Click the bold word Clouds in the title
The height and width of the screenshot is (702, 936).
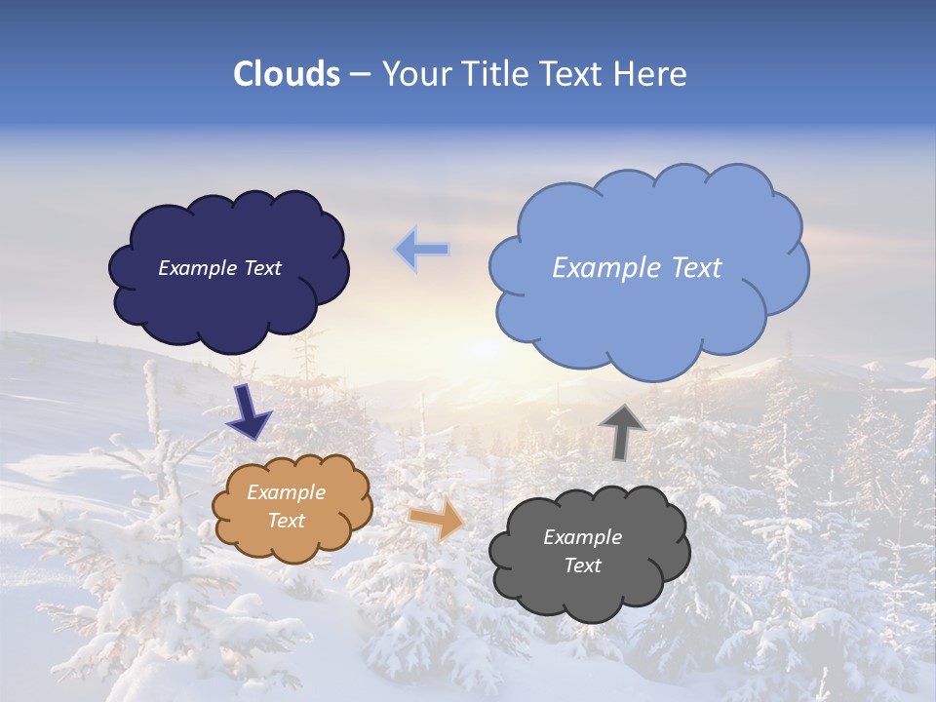(286, 74)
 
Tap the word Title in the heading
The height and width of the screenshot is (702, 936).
(495, 74)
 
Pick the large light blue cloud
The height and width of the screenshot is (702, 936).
(648, 322)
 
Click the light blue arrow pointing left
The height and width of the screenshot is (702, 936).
(422, 250)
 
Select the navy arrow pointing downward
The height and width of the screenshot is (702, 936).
(249, 412)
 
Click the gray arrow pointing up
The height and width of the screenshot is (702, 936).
(622, 431)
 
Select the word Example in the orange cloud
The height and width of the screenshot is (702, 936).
(286, 493)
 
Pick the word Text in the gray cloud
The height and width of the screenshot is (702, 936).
(582, 566)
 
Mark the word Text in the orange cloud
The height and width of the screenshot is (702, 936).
(286, 522)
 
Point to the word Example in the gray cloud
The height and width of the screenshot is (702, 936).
(582, 538)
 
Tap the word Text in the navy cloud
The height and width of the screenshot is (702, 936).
(261, 268)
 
